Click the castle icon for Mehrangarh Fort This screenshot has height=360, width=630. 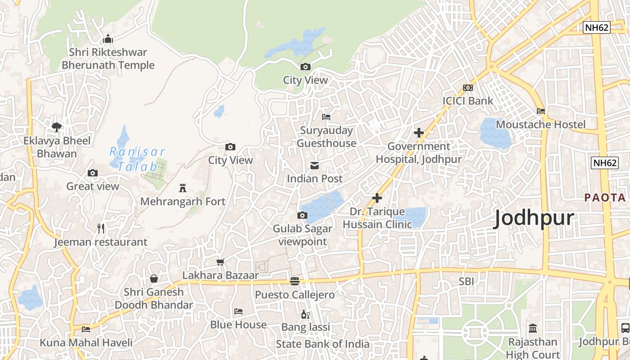point(183,187)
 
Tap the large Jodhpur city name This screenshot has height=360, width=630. point(534,219)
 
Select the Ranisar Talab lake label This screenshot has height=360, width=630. point(138,159)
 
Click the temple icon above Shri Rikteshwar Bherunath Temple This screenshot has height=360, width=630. point(108,39)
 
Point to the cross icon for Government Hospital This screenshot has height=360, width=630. point(419,133)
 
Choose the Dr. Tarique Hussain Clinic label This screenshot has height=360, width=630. point(377,218)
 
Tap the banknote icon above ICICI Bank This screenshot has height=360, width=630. point(468,88)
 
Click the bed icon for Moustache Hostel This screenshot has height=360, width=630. point(541,111)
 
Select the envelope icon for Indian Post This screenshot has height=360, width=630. point(315,166)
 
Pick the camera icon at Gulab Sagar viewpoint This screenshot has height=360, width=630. point(302,216)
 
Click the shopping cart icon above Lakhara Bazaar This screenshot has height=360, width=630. point(220,262)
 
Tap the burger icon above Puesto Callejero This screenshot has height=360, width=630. point(295,281)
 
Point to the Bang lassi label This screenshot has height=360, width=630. point(306,327)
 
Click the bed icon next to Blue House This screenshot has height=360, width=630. point(238,311)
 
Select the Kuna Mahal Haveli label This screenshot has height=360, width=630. point(86,342)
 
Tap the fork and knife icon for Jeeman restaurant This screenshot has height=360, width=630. point(101,229)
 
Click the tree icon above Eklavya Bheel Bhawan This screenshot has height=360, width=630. point(57,127)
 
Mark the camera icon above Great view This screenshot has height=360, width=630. point(93,173)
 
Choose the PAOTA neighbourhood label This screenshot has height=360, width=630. point(605,198)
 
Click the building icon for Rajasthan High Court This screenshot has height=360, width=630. point(533,328)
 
